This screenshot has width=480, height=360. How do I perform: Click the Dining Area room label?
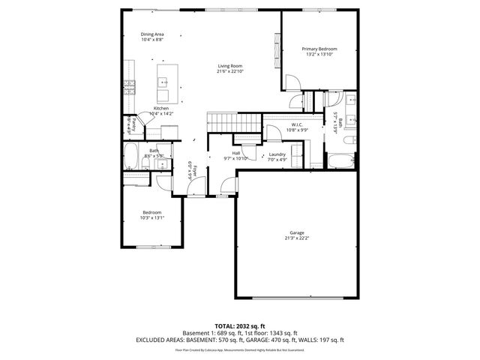pos(153,34)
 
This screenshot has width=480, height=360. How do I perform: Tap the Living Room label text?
pos(230,67)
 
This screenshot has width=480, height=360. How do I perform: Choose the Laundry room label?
pos(277,154)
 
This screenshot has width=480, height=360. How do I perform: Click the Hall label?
pos(235,154)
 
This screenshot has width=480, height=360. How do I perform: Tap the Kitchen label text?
pos(161,109)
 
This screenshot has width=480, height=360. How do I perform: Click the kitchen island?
pos(164,83)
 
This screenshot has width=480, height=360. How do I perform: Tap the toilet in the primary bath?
pos(350,139)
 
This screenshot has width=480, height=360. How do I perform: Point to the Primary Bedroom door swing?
pos(292,101)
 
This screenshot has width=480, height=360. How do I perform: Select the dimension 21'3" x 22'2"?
pos(297,238)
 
